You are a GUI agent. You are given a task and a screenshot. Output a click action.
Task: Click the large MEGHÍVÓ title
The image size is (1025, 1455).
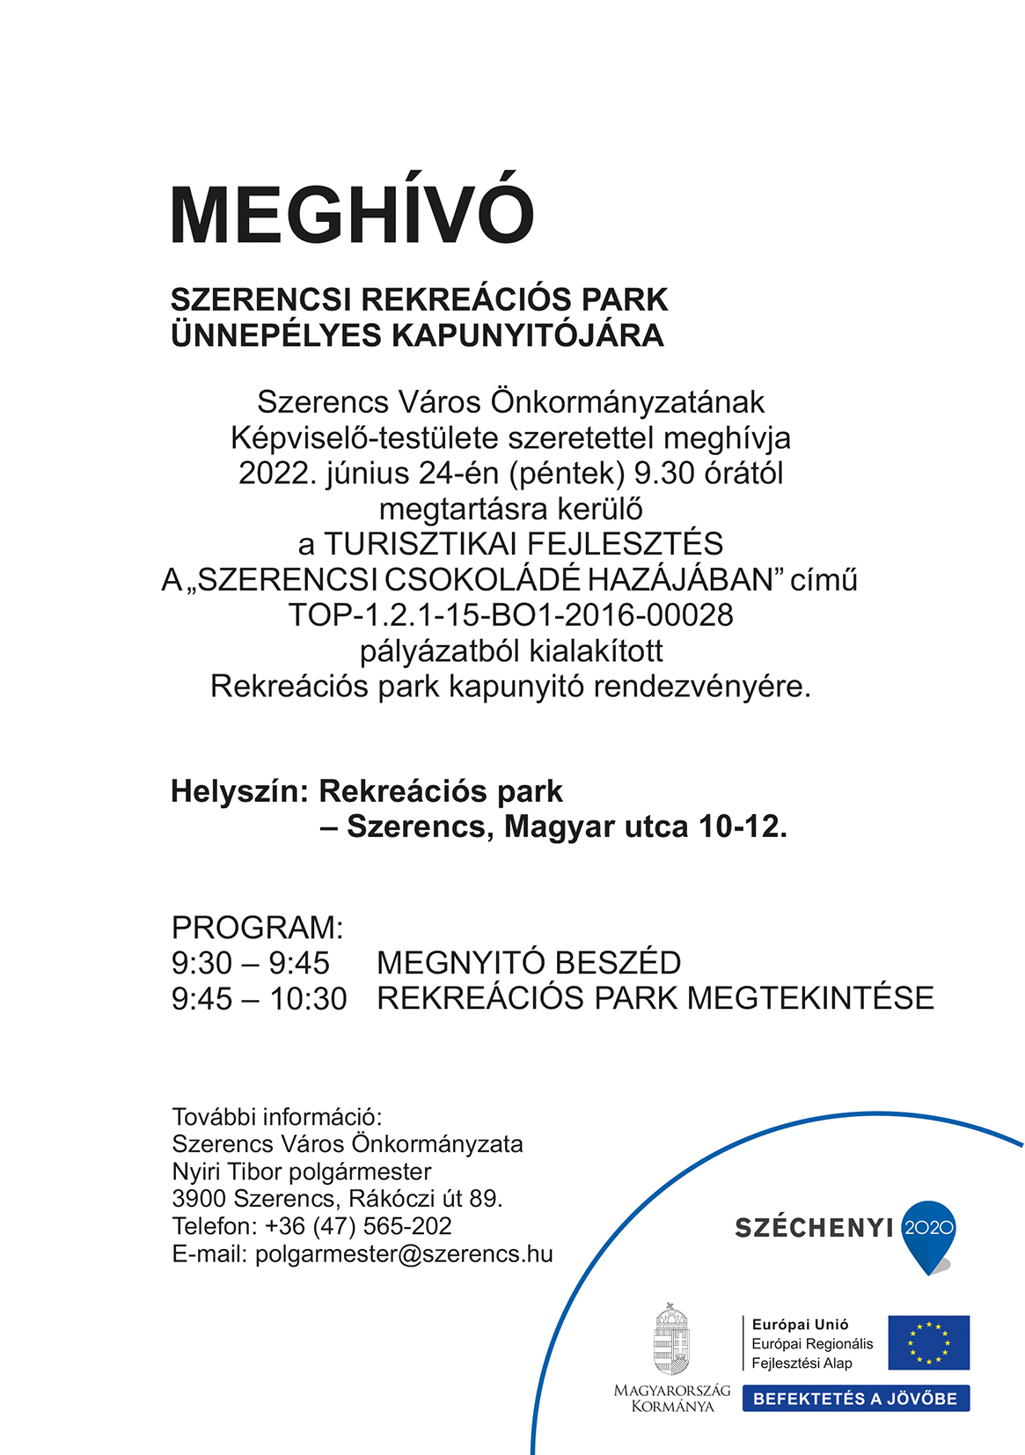[x=352, y=214]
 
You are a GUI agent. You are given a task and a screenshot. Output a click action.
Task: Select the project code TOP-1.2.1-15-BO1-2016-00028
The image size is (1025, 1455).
[x=510, y=614]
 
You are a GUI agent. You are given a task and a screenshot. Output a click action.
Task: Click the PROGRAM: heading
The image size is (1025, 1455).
[x=257, y=928]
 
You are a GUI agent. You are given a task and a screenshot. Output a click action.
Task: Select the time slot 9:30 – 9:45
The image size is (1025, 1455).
[x=251, y=963]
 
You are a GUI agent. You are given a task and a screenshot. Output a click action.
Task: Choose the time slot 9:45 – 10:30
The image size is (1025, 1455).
[x=260, y=999]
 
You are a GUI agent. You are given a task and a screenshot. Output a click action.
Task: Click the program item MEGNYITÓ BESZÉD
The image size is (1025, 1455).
[x=529, y=963]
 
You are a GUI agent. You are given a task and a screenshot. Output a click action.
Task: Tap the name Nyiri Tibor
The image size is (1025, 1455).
[x=227, y=1172]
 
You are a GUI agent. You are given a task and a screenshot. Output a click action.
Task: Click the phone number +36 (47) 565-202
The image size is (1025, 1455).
[x=358, y=1226]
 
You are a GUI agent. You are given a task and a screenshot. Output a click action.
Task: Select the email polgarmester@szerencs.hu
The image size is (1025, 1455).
[x=404, y=1254]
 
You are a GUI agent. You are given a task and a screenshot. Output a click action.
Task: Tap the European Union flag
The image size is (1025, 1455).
[x=928, y=1342]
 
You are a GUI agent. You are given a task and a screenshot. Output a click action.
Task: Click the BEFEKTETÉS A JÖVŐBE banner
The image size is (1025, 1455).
[x=855, y=1399]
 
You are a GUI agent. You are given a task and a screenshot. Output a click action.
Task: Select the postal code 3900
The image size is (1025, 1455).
[x=200, y=1199]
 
